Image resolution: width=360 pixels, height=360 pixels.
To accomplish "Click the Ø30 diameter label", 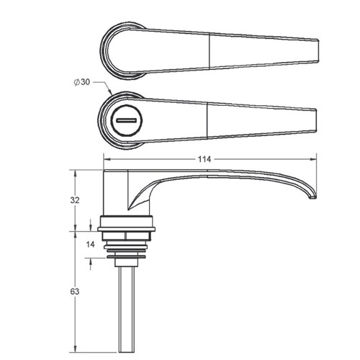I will pyautogui.click(x=82, y=82).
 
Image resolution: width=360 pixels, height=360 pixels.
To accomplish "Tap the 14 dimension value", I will pyautogui.click(x=90, y=245).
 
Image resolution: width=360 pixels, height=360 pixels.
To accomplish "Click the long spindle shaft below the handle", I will pyautogui.click(x=127, y=302).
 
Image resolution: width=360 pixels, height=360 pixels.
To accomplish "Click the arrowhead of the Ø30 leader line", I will pyautogui.click(x=109, y=94).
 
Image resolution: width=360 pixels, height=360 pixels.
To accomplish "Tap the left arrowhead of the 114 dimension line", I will pyautogui.click(x=107, y=160).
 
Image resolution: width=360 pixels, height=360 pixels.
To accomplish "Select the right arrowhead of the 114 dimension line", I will pyautogui.click(x=316, y=160).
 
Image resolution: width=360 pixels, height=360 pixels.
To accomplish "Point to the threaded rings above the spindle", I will pyautogui.click(x=127, y=247).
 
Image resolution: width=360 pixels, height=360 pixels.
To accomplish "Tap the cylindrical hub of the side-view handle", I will pyautogui.click(x=117, y=194).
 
